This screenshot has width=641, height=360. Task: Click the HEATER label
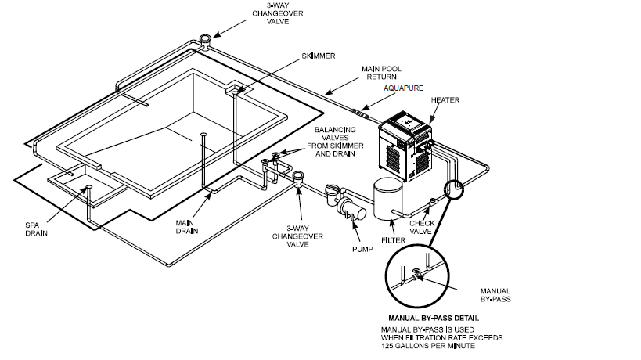(x=445, y=101)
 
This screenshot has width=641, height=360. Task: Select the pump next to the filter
(x=346, y=207)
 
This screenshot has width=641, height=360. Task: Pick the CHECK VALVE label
(x=444, y=227)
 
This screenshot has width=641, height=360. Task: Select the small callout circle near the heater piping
(x=452, y=189)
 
